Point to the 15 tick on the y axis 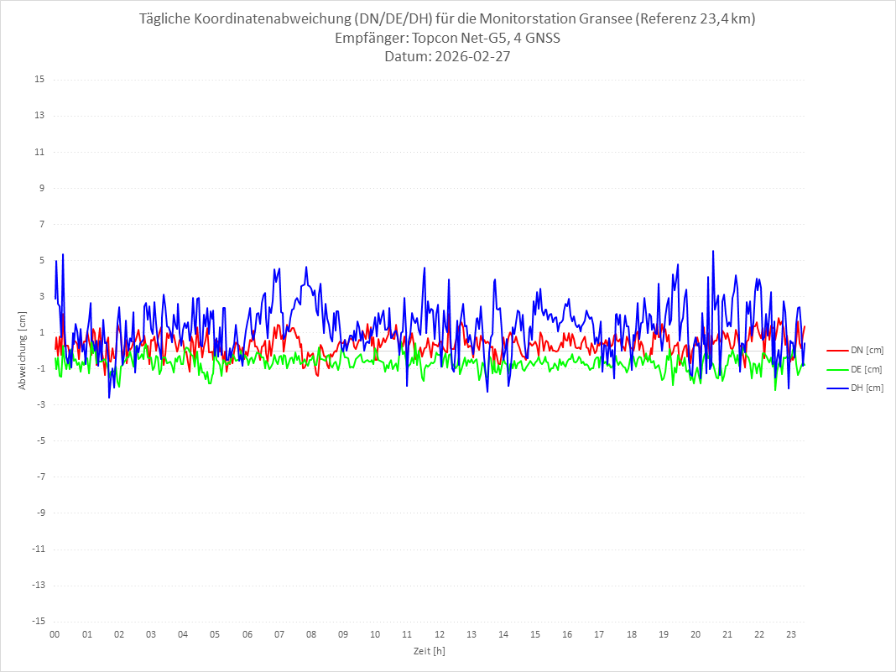(x=39, y=80)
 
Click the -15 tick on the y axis (x=38, y=622)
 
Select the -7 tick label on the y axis (x=39, y=477)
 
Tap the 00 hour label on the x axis (x=55, y=635)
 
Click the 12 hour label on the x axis (x=439, y=635)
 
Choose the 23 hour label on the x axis (x=791, y=635)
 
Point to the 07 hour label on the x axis (x=279, y=635)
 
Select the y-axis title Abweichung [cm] (x=23, y=351)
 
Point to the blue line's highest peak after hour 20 (x=713, y=251)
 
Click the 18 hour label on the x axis (x=632, y=635)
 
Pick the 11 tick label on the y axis (x=39, y=152)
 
